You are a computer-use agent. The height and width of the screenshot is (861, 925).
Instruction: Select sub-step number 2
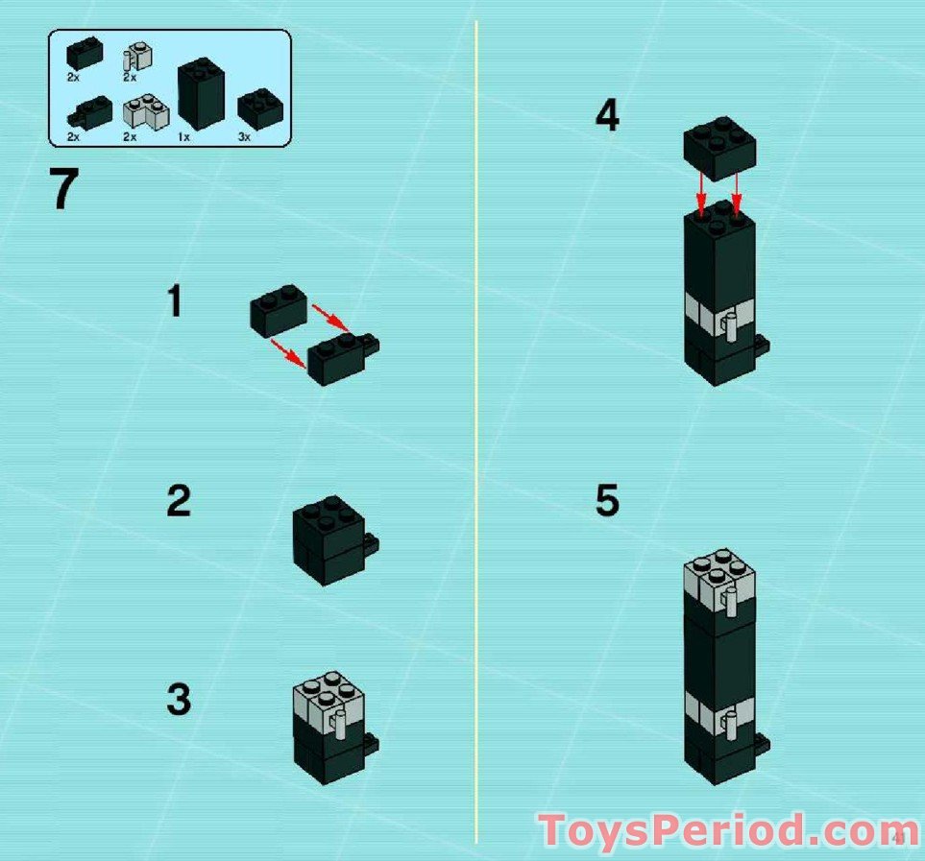tap(178, 501)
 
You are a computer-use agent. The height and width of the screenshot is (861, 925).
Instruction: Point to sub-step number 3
tap(179, 700)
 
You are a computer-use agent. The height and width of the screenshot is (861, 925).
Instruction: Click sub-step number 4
tap(607, 117)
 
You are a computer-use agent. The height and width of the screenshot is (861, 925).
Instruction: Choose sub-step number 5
tap(607, 501)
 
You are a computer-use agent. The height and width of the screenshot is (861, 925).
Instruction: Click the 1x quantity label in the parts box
tap(183, 137)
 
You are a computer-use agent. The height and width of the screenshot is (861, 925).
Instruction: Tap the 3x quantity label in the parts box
tap(244, 137)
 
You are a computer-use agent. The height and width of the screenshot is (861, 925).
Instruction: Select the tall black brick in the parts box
tap(201, 93)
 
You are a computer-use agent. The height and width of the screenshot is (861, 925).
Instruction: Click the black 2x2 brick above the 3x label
tap(257, 108)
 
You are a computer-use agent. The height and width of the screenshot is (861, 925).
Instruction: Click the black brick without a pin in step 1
tap(278, 310)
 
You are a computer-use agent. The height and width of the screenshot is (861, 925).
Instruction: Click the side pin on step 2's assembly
tap(370, 545)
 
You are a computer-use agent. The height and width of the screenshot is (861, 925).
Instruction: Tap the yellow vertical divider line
tap(476, 432)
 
